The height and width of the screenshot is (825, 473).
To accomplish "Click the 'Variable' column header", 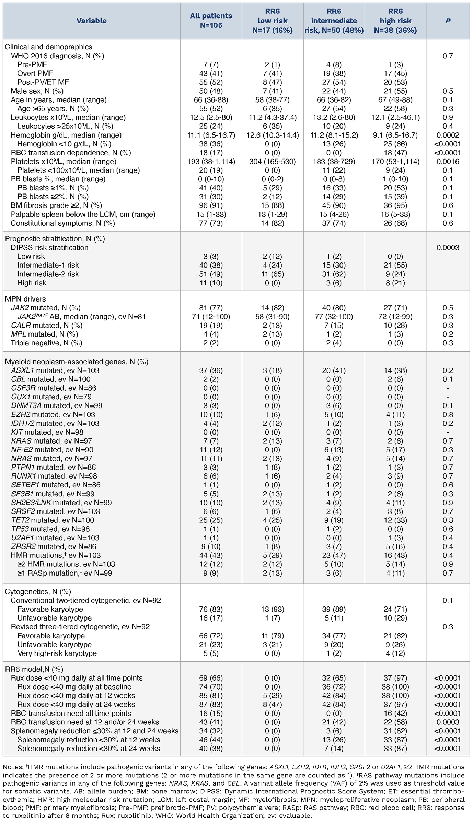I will click(x=91, y=21).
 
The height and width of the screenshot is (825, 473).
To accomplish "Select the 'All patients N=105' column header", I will click(x=211, y=21).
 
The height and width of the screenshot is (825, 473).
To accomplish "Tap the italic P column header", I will click(x=448, y=21).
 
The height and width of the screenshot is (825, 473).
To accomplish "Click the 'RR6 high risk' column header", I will click(x=395, y=21).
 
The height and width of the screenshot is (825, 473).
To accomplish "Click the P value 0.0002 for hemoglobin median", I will click(x=448, y=135).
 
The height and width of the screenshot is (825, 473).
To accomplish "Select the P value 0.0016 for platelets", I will click(x=448, y=162).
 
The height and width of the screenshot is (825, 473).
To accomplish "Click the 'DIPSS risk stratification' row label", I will click(x=49, y=247).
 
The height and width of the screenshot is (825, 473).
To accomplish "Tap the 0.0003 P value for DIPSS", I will click(x=448, y=247).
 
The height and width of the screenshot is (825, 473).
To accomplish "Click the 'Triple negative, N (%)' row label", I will click(x=46, y=343).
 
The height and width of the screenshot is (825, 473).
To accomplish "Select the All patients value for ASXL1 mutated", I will click(x=211, y=370).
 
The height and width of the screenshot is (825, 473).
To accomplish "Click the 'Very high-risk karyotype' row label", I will click(x=57, y=653).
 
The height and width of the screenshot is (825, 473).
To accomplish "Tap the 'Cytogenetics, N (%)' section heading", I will click(x=38, y=592).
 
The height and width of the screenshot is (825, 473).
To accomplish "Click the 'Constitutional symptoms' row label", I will click(x=63, y=223).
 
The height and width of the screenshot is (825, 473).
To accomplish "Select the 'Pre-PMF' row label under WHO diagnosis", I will click(x=32, y=64).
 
